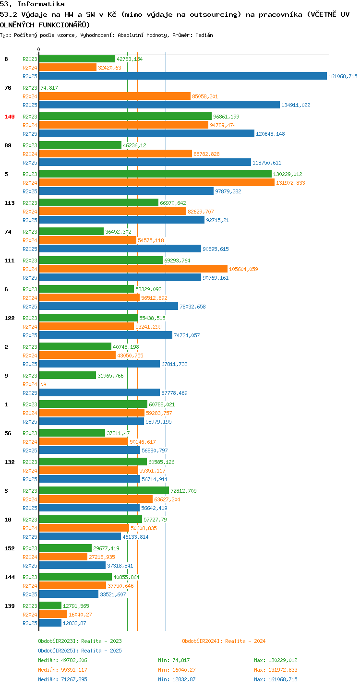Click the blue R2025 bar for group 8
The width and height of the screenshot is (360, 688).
183,76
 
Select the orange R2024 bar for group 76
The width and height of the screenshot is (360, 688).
115,96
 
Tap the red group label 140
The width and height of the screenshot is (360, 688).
10,117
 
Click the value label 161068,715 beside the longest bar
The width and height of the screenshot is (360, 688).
343,76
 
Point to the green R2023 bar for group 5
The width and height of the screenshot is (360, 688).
156,174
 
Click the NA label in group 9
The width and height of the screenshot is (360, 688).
43,384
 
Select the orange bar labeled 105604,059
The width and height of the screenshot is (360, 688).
133,269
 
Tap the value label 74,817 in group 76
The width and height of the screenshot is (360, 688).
49,88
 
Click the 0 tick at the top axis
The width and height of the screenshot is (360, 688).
38,49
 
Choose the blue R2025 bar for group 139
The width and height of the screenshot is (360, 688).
50,623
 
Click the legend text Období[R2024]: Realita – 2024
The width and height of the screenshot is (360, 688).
224,641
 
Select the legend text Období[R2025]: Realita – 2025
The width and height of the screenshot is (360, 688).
80,651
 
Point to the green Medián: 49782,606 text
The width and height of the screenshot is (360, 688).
63,660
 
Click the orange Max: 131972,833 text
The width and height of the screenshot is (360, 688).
276,670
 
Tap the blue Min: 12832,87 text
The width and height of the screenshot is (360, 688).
177,679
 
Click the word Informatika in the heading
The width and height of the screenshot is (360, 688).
41,4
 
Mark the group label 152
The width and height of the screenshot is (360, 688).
10,548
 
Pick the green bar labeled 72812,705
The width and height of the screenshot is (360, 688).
104,490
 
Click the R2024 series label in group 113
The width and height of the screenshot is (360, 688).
30,212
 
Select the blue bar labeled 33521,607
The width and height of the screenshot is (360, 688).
69,594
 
